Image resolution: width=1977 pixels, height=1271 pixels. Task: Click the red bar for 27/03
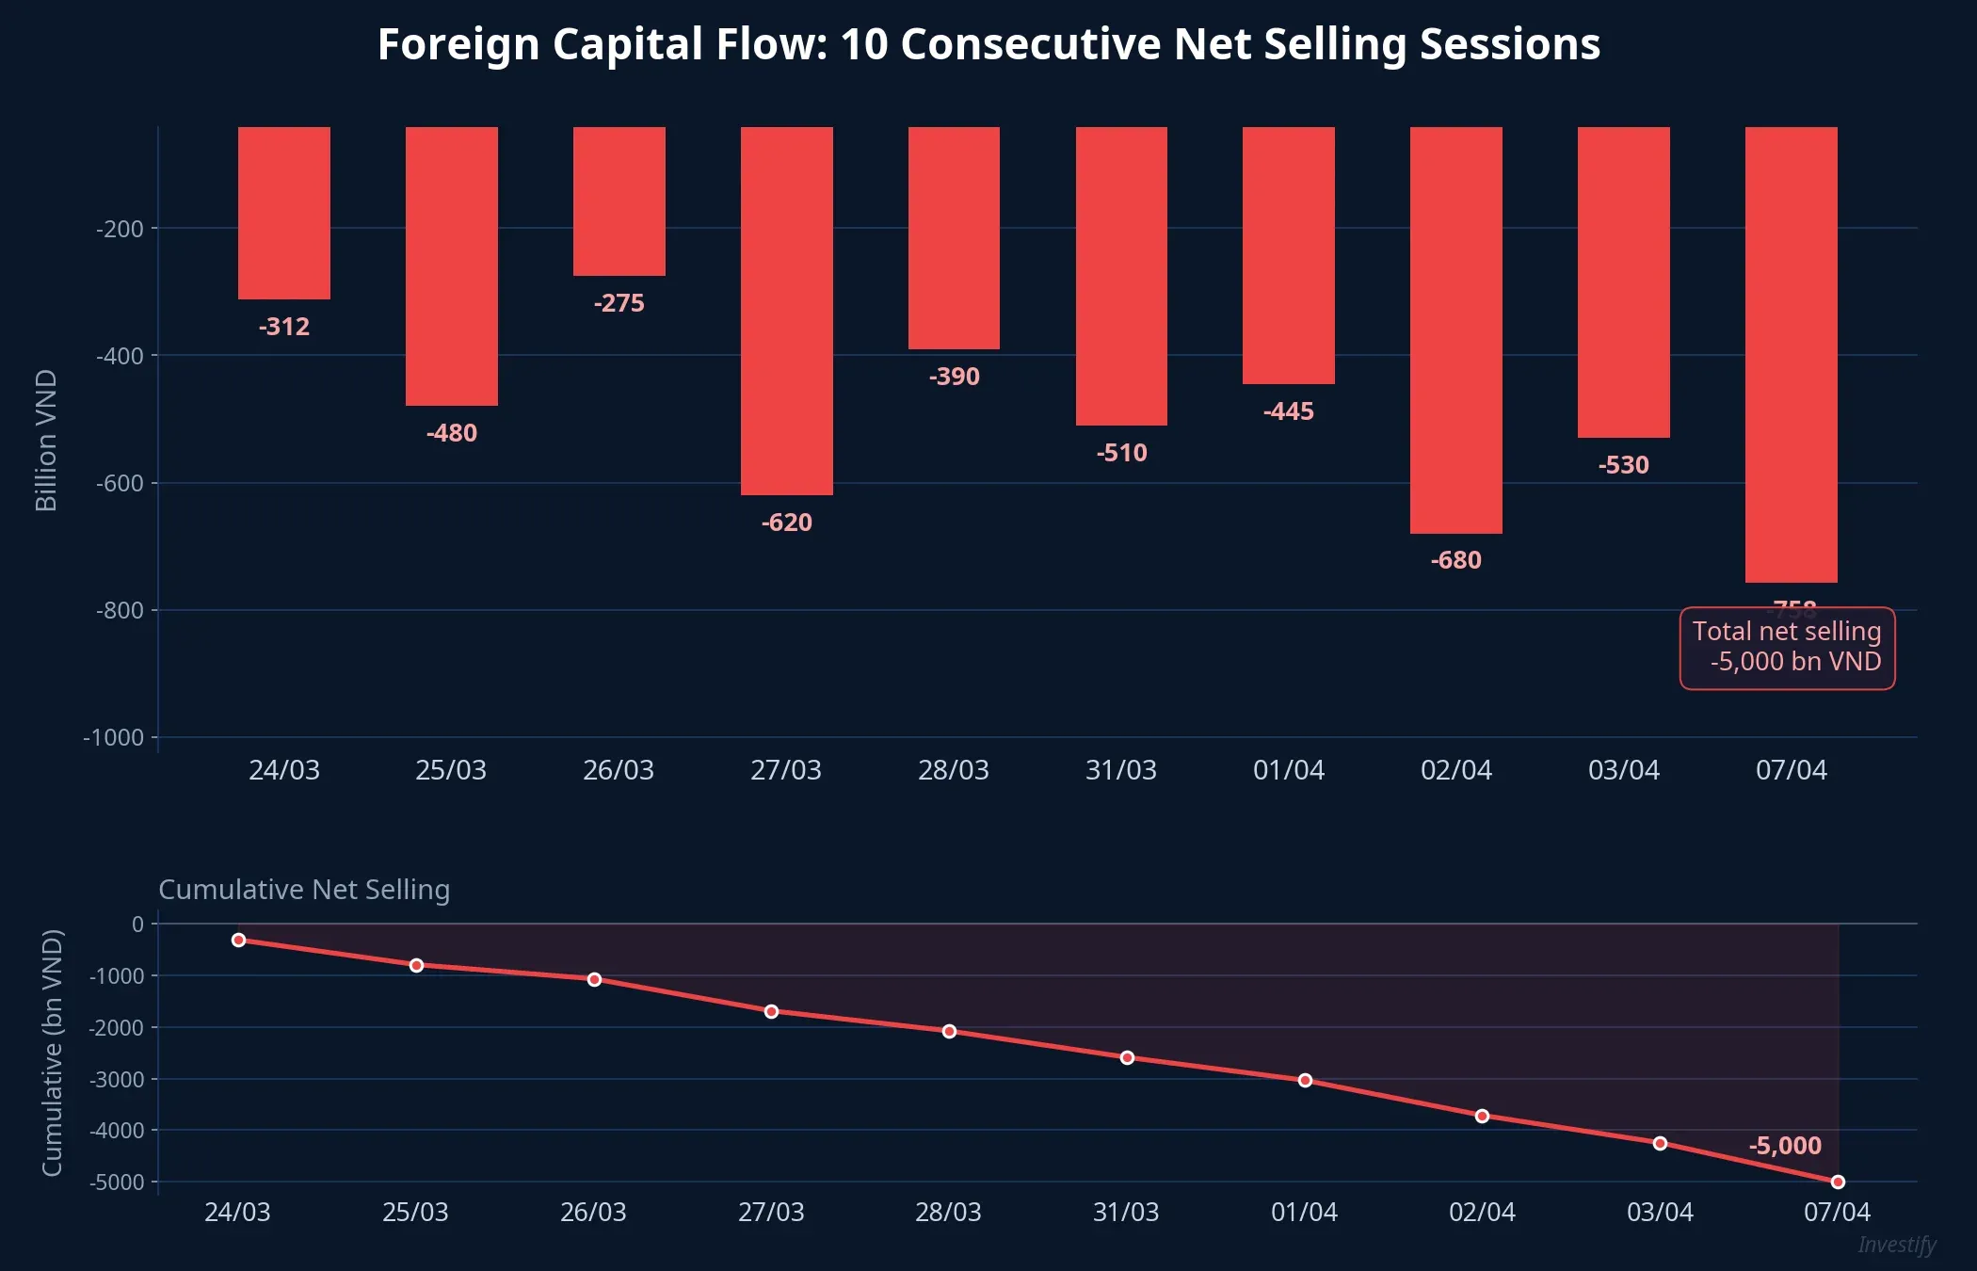pyautogui.click(x=786, y=311)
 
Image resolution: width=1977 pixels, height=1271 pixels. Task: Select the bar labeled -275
pyautogui.click(x=619, y=201)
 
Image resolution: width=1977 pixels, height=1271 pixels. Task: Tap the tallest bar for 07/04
pyautogui.click(x=1791, y=354)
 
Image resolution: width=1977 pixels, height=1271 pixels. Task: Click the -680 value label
pyautogui.click(x=1455, y=560)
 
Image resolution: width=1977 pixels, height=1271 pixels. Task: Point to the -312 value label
pyautogui.click(x=283, y=327)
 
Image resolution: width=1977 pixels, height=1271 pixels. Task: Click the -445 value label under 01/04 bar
pyautogui.click(x=1288, y=411)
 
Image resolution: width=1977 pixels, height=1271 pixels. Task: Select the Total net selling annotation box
pyautogui.click(x=1786, y=647)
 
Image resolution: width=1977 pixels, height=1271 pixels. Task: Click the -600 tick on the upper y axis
pyautogui.click(x=120, y=483)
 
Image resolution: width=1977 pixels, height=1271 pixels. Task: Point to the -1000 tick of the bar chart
pyautogui.click(x=113, y=737)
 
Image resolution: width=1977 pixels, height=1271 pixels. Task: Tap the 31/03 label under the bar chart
pyautogui.click(x=1120, y=770)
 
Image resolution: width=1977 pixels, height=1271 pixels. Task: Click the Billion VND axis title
pyautogui.click(x=46, y=440)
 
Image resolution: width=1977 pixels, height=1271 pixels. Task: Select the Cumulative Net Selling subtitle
pyautogui.click(x=304, y=889)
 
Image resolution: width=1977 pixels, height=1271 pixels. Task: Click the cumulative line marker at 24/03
pyautogui.click(x=238, y=940)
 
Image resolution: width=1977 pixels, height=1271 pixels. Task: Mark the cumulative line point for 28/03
pyautogui.click(x=949, y=1031)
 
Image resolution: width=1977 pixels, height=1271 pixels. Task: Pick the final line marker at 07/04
pyautogui.click(x=1837, y=1182)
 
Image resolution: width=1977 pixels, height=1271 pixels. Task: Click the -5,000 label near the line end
pyautogui.click(x=1784, y=1146)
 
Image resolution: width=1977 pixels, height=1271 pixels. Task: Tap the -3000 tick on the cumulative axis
pyautogui.click(x=117, y=1079)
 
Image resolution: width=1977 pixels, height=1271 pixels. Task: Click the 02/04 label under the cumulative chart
pyautogui.click(x=1481, y=1212)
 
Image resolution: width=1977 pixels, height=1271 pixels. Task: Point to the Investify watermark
pyautogui.click(x=1896, y=1245)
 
